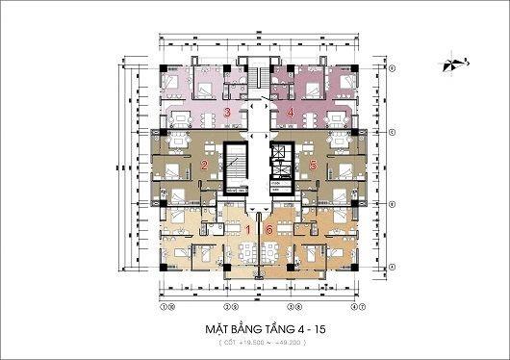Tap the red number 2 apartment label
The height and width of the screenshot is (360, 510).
[x=204, y=165]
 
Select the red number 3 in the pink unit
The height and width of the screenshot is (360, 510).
[x=226, y=113]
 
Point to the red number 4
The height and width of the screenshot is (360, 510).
[x=291, y=113]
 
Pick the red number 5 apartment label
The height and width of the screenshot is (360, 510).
[x=313, y=165]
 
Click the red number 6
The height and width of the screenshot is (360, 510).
[x=269, y=229]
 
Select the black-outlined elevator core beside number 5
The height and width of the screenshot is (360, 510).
[x=281, y=160]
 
